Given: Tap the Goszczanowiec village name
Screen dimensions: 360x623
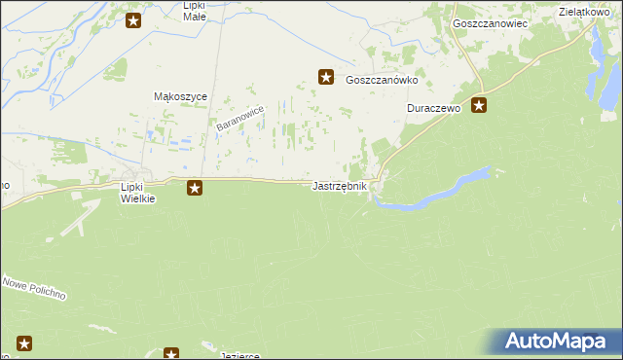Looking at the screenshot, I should tap(490, 22).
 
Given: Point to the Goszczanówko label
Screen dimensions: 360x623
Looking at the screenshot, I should tap(382, 82).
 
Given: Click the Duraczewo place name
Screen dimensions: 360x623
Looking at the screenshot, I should tap(433, 110).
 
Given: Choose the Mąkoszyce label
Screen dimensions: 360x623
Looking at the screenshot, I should tap(177, 96).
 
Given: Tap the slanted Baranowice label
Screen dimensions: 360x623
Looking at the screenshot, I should tap(239, 121).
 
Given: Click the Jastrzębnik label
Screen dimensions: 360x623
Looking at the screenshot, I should tap(340, 186).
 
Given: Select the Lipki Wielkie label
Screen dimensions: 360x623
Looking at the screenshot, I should tap(137, 192).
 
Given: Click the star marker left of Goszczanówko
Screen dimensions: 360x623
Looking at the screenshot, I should tap(327, 76).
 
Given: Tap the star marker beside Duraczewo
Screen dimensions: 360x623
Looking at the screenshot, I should tap(479, 105).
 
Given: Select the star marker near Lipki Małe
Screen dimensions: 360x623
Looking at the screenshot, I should tap(133, 18).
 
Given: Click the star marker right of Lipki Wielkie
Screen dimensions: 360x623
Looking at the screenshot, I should tap(195, 187).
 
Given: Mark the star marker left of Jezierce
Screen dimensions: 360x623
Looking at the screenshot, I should tap(171, 354).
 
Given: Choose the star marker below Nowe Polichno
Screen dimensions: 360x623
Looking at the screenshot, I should tap(24, 342).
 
